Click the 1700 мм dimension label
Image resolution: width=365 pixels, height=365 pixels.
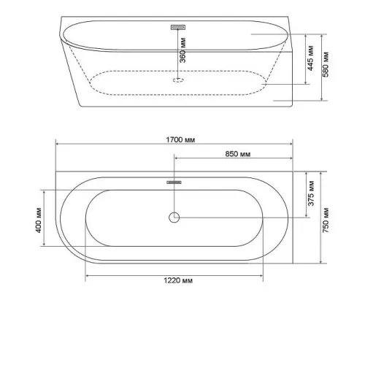[180, 140]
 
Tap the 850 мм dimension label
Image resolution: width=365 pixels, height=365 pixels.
[237, 154]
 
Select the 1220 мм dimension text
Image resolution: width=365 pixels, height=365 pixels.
[178, 280]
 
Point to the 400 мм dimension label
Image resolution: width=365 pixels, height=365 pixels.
[39, 220]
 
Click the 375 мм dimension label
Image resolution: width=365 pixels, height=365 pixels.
[311, 193]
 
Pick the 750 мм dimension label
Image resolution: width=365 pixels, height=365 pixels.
[326, 220]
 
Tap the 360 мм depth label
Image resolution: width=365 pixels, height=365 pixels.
[182, 50]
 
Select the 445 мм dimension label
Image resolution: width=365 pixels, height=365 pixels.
[311, 58]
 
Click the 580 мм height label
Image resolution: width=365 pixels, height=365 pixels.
[326, 64]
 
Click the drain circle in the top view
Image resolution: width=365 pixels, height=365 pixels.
[174, 218]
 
